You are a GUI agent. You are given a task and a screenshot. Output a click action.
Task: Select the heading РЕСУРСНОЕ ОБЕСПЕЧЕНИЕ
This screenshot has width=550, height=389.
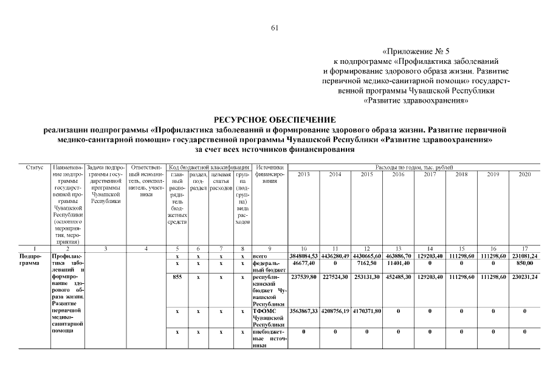point(275,120)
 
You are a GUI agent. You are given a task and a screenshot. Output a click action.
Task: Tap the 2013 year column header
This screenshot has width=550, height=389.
point(304,174)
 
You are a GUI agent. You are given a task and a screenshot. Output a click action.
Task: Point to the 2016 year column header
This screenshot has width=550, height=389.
point(399,174)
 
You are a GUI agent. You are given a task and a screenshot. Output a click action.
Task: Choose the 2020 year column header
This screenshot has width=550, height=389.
point(524,174)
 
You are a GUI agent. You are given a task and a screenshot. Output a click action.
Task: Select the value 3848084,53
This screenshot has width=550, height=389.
point(304,256)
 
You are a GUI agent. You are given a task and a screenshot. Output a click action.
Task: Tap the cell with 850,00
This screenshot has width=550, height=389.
point(524,264)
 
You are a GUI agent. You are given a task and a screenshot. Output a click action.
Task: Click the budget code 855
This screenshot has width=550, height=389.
point(177,277)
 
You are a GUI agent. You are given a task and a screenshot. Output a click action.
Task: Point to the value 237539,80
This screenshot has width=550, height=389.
point(304,277)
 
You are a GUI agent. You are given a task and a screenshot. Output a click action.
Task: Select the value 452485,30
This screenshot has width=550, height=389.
point(399,277)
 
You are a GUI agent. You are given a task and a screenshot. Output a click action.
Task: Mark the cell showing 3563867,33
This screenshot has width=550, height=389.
point(304,311)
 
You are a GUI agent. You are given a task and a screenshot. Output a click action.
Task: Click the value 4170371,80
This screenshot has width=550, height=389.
point(367,311)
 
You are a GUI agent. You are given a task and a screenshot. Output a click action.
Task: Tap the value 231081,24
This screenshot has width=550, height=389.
point(524,256)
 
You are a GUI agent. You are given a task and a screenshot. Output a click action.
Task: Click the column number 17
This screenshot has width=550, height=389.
point(524,249)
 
